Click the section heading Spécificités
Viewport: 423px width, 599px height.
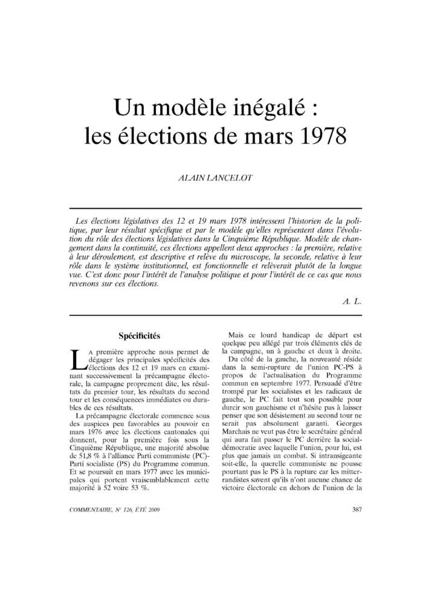[x=140, y=335]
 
